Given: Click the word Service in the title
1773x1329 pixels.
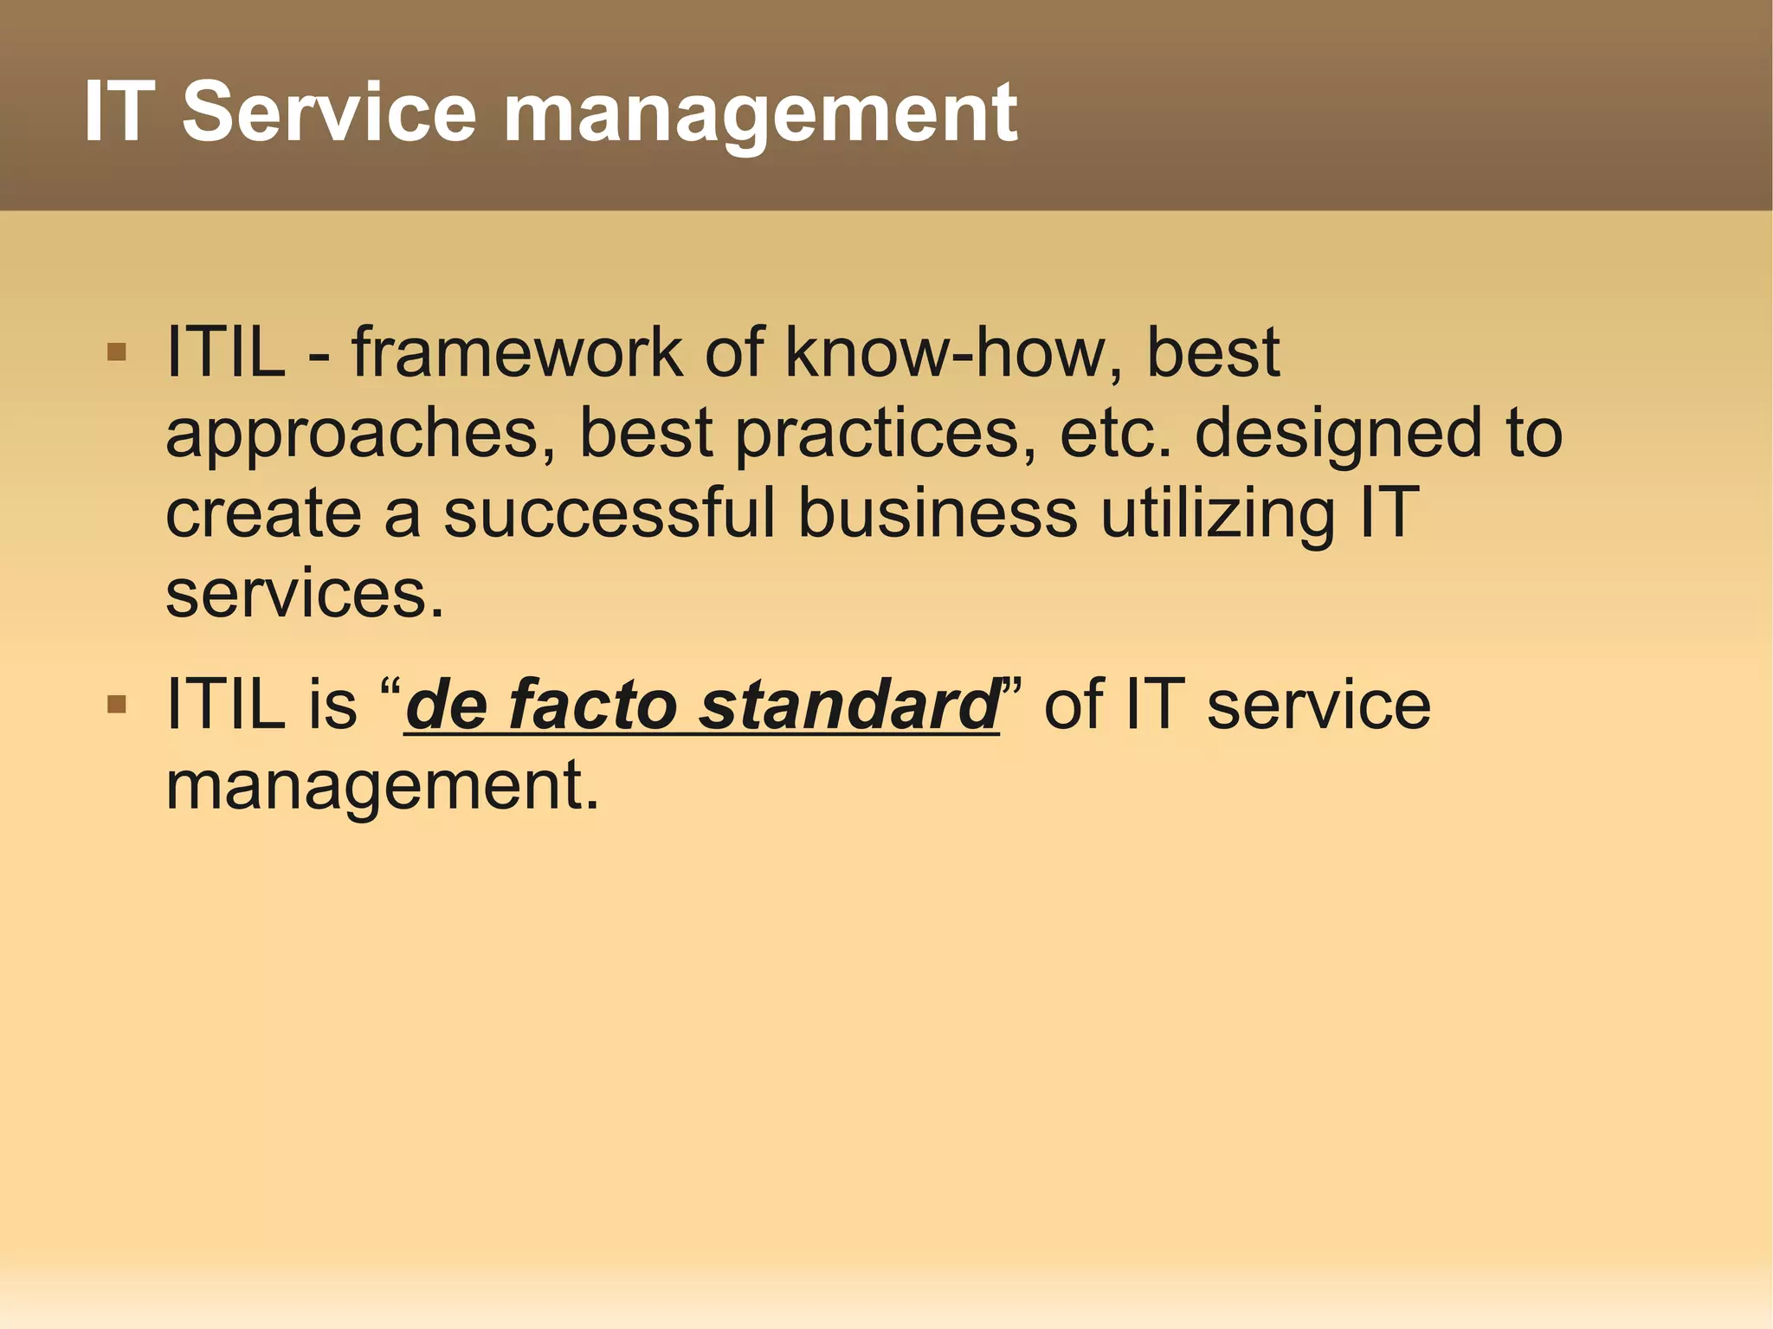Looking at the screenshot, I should pyautogui.click(x=329, y=113).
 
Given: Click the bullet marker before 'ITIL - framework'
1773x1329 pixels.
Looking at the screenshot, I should pyautogui.click(x=116, y=352).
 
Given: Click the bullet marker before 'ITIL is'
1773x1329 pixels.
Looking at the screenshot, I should pyautogui.click(x=116, y=705).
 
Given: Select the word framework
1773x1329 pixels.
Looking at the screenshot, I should pyautogui.click(x=516, y=352).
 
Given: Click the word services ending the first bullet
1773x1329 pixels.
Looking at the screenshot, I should pyautogui.click(x=303, y=594).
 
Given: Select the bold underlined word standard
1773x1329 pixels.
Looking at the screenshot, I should pyautogui.click(x=848, y=705).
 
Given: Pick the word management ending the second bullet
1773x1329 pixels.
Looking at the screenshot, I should pyautogui.click(x=381, y=786).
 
